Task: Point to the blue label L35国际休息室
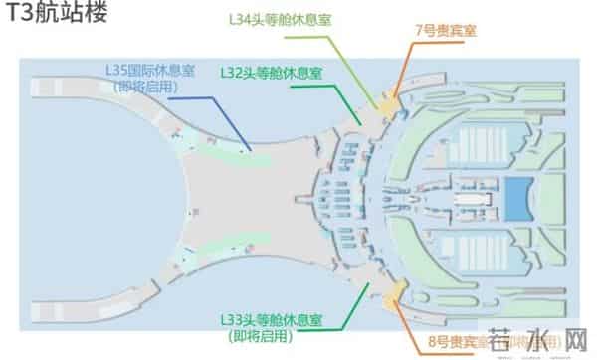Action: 150,72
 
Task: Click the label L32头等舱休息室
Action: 271,73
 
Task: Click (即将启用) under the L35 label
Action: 150,87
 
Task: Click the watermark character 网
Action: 574,345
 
